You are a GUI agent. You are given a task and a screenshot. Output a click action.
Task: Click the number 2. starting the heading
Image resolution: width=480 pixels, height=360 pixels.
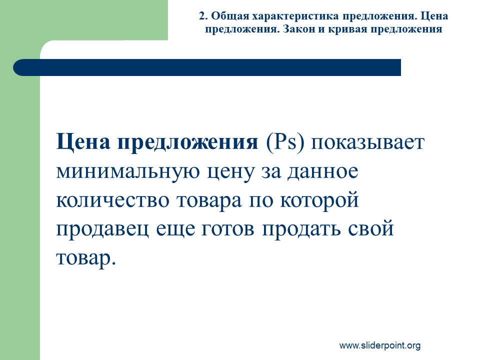pos(203,16)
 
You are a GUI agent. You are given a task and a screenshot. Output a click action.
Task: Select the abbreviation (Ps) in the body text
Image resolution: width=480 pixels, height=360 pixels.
pos(285,141)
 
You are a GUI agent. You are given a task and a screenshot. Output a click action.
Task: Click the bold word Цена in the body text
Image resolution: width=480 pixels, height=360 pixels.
pos(83,142)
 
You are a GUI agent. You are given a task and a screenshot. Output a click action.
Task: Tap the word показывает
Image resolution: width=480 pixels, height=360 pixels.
pos(367,142)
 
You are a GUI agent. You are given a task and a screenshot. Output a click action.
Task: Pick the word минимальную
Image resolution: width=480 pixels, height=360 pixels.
pos(128,171)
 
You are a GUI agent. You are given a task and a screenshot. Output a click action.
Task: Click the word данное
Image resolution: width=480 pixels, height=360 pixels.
pos(322,172)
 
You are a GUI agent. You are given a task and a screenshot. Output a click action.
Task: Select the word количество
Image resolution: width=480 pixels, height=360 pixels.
pos(112,200)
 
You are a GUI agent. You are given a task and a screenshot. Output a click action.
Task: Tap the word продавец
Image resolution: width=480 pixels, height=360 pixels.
pos(102,229)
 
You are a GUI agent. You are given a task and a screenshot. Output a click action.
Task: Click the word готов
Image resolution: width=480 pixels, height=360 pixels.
pos(228,229)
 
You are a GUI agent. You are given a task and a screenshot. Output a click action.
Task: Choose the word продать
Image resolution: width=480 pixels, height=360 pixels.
pos(301,229)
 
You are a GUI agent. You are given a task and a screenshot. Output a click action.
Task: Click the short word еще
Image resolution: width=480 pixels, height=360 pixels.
pos(175,229)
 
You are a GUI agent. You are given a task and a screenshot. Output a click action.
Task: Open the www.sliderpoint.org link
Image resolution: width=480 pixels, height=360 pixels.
pos(380,345)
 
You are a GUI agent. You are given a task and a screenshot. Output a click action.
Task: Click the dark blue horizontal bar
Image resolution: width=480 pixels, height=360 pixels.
pos(207,67)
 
